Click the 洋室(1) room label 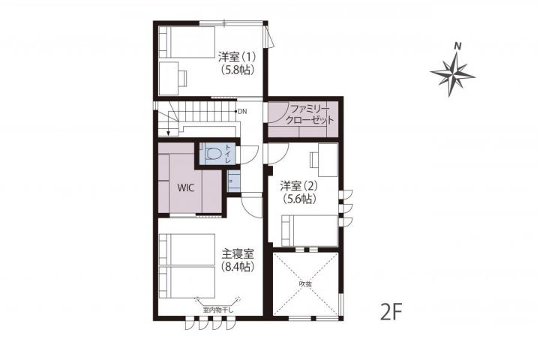pyautogui.click(x=237, y=56)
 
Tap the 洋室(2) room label pyautogui.click(x=298, y=186)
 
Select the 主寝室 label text pyautogui.click(x=238, y=254)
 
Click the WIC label pyautogui.click(x=186, y=187)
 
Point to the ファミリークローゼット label pyautogui.click(x=310, y=115)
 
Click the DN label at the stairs pyautogui.click(x=242, y=111)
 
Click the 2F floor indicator pyautogui.click(x=391, y=311)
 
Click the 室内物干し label pyautogui.click(x=218, y=309)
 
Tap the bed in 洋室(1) pyautogui.click(x=187, y=42)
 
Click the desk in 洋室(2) pyautogui.click(x=328, y=160)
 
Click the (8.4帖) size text pyautogui.click(x=238, y=267)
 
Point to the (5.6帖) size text pyautogui.click(x=298, y=199)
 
